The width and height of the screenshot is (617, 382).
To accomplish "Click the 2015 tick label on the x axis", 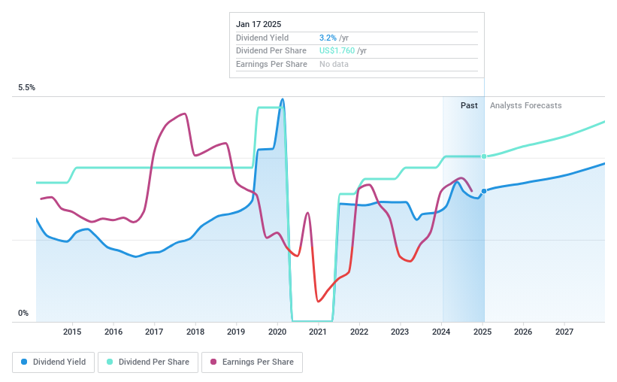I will point(72,332).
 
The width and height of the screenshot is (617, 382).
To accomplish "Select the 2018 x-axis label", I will point(195,332).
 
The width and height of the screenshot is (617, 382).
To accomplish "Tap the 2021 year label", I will point(318,332).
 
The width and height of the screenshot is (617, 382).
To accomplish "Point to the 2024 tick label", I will point(441,332).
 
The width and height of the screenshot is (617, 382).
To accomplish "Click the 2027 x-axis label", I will point(564,332).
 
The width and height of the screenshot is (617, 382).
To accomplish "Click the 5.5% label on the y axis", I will point(27,88).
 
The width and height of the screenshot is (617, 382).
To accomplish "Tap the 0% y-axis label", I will point(23,314).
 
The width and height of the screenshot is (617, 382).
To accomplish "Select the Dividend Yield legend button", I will point(53,362).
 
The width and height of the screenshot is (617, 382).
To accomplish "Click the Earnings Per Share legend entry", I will point(252,362).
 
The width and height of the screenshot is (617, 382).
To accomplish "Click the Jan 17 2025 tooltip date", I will point(259,24).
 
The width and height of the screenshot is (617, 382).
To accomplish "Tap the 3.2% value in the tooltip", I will point(328,38).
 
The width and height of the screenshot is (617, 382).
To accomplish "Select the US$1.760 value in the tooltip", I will point(336,51).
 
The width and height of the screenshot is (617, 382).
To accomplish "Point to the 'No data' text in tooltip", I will point(334,65).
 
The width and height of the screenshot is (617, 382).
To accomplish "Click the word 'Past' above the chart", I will point(469,106).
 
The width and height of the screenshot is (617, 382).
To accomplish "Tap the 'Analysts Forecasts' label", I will point(525,106).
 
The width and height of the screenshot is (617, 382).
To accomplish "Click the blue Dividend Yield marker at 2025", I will point(484,191).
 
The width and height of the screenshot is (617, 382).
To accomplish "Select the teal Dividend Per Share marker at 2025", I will point(484,156).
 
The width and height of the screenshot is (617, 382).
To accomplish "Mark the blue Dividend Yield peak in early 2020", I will point(282,99).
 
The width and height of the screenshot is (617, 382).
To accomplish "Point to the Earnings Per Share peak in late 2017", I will point(184,114).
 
